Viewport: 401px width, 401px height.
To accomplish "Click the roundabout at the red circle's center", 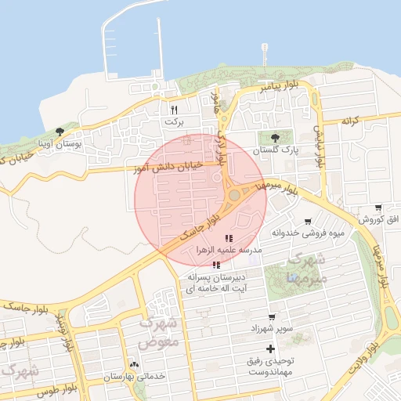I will (x=234, y=195).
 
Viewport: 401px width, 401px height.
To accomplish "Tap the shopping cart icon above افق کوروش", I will (x=378, y=208).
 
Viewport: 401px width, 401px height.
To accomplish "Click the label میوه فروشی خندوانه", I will (x=308, y=233).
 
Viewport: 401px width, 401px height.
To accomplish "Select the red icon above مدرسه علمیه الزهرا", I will (x=228, y=238).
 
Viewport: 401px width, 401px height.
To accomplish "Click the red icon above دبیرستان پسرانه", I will (x=216, y=266).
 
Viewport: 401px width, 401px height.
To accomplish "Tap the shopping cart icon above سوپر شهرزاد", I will (x=272, y=317).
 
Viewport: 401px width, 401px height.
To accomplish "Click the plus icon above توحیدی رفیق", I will (x=271, y=348).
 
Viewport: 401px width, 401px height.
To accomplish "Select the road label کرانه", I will (x=349, y=121).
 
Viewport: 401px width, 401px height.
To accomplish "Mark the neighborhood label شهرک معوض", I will (x=158, y=332).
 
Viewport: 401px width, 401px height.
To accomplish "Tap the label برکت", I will (x=174, y=122).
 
